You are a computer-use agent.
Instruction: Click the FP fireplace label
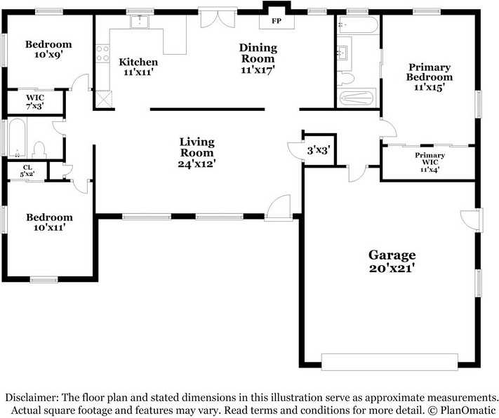pos(277,21)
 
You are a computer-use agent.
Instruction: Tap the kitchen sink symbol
pos(140,21)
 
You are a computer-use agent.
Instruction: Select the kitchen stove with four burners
pos(102,53)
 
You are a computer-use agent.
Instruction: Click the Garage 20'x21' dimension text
pos(392,268)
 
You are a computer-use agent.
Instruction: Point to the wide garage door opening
pos(390,362)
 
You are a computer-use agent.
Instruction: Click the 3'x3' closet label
pos(318,150)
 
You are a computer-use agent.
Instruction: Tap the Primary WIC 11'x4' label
pos(430,162)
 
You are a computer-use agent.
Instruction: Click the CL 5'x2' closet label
pos(27,171)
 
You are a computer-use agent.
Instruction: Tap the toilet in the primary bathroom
pos(345,79)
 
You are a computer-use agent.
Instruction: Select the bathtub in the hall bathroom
pos(17,137)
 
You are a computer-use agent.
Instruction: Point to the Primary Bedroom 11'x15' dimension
pos(430,87)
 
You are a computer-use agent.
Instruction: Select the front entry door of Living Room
pos(279,207)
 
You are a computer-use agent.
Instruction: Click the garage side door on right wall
pos(472,220)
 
